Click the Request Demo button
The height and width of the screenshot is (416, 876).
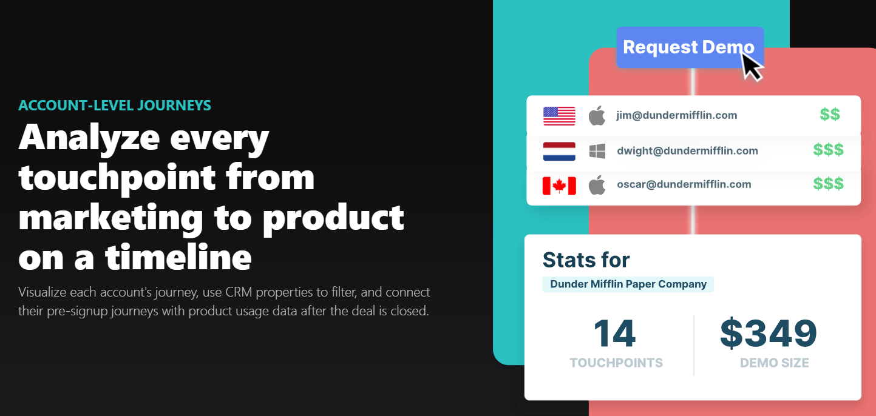pos(688,47)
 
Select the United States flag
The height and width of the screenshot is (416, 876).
pos(559,116)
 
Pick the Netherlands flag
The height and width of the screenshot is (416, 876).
pos(559,151)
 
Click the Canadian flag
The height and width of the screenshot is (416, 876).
pos(559,185)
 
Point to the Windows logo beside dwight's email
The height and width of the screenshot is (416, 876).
pos(597,151)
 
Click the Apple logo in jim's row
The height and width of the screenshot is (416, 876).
pos(597,115)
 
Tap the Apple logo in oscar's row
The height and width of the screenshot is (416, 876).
pos(597,184)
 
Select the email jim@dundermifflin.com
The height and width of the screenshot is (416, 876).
pos(676,115)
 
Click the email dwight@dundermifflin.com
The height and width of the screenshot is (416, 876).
pos(687,151)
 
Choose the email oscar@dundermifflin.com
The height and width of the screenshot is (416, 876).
pos(684,184)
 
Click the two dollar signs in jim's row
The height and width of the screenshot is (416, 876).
pos(830,115)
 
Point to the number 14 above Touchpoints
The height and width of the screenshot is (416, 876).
pos(614,334)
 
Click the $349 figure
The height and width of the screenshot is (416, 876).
pos(769,334)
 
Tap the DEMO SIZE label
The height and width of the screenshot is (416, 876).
pos(774,363)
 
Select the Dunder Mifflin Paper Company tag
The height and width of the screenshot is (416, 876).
pos(628,284)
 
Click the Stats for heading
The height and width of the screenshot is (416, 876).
pos(586,260)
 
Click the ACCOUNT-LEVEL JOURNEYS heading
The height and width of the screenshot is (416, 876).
pos(115,106)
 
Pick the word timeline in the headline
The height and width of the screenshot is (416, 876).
pos(178,257)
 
